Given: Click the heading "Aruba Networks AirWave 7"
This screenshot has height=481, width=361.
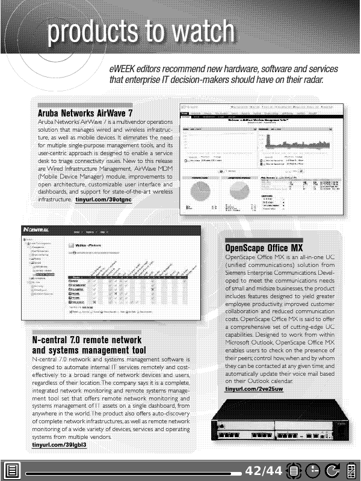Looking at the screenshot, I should (x=85, y=112).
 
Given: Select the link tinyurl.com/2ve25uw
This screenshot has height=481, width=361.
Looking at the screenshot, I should (x=253, y=390).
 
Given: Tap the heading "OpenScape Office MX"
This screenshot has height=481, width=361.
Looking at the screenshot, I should (x=264, y=247).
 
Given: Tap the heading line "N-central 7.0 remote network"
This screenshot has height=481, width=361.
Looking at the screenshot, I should (x=87, y=340).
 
